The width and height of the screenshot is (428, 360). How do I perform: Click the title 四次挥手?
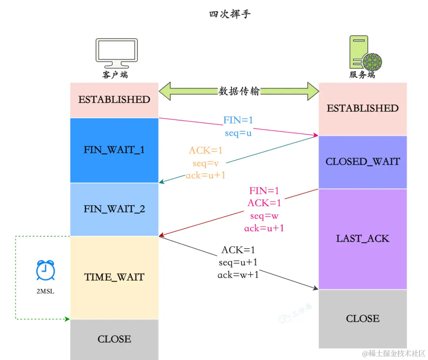[x=230, y=15]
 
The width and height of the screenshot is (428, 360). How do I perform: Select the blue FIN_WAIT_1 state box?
[x=114, y=150]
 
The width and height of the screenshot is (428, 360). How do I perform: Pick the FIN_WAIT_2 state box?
[x=114, y=209]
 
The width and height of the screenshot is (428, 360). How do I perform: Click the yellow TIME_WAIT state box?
[x=114, y=277]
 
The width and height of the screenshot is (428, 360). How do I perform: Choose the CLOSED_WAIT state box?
[x=363, y=162]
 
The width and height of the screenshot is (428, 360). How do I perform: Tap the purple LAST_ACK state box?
[x=363, y=239]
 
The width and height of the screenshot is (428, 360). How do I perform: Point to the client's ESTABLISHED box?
[x=114, y=100]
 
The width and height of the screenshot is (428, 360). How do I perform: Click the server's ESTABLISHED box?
[x=363, y=109]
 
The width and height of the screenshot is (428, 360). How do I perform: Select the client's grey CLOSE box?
[x=114, y=339]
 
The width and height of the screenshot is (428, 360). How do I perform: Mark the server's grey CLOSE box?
[x=363, y=319]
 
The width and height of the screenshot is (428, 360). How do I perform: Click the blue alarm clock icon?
[x=45, y=271]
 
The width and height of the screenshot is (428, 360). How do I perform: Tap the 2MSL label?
[x=45, y=291]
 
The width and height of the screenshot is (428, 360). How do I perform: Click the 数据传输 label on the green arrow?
[x=239, y=91]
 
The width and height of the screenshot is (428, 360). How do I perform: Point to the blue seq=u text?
[x=238, y=133]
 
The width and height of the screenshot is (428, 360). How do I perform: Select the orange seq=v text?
[x=205, y=163]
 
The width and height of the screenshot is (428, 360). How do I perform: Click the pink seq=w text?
[x=264, y=216]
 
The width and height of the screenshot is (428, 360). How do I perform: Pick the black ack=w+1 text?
[x=238, y=274]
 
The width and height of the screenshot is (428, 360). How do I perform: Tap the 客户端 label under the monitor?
[x=115, y=75]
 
